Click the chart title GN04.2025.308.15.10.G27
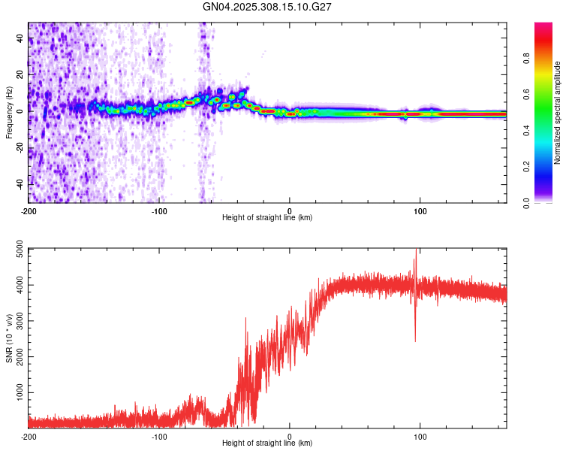tap(268, 7)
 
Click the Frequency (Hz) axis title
tap(9, 113)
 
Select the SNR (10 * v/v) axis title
tap(9, 338)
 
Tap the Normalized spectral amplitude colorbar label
tap(558, 113)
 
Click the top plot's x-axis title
tap(267, 218)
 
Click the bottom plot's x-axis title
tap(267, 443)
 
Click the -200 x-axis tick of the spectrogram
tap(29, 210)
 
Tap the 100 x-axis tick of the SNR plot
tap(420, 435)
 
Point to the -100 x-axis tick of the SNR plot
tap(159, 435)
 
